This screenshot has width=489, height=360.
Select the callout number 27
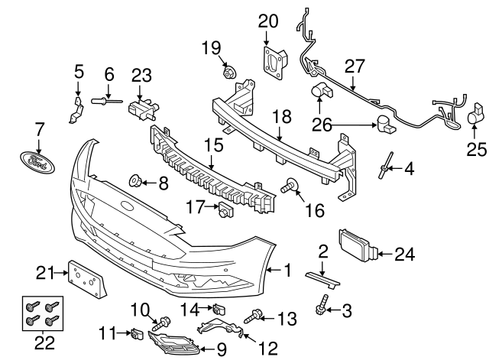coord(355,66)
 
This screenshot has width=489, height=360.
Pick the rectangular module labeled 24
coord(356,250)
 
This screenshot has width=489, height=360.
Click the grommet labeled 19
coord(228,73)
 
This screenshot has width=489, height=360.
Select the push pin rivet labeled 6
coord(105,99)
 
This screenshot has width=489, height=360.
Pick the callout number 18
coord(282,117)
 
